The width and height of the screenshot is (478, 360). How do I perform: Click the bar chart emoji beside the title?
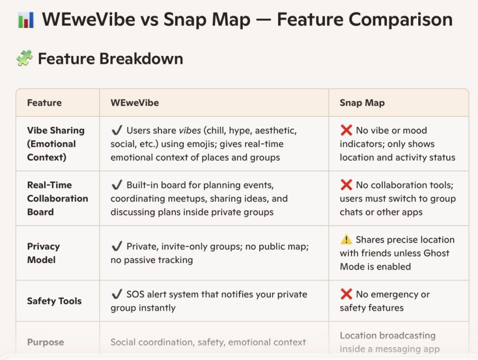point(26,20)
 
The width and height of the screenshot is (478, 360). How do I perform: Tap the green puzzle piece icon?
point(24,58)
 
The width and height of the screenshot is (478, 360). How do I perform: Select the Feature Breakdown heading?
point(110,58)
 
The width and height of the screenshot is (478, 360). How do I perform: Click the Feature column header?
point(44,103)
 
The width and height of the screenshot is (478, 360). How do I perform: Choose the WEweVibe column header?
point(134,103)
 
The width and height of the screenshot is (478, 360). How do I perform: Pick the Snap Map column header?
point(362,103)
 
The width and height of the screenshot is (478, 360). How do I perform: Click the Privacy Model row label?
point(43,253)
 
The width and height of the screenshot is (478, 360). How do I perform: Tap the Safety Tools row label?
point(54,301)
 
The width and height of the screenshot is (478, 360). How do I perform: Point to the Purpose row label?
point(45,342)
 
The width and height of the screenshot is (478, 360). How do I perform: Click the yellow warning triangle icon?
point(346,239)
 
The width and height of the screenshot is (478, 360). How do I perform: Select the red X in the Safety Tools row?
point(346,294)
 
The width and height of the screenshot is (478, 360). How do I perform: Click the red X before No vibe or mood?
point(346,130)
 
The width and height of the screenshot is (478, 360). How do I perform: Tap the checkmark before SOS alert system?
point(117,294)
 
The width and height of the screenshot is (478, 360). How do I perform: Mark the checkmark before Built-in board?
point(117,185)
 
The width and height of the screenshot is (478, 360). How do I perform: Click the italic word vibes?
point(190,131)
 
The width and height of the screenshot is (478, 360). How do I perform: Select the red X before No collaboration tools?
point(346,185)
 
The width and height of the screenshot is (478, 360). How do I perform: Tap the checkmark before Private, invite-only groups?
point(117,246)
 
